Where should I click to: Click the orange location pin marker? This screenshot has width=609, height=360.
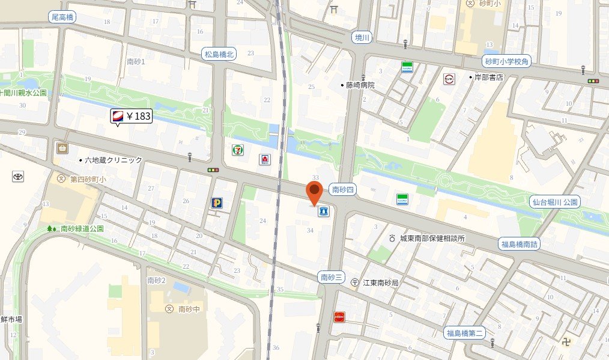pos(314,192)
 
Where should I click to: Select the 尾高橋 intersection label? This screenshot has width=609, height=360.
pos(62,17)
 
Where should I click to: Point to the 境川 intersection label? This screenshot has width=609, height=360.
pos(362,37)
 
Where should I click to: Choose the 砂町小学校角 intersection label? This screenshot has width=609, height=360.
pos(507,61)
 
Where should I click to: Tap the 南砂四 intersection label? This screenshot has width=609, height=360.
pos(344,189)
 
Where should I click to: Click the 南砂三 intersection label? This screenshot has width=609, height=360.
pos(332,277)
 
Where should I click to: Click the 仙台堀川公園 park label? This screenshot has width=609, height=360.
pos(555,202)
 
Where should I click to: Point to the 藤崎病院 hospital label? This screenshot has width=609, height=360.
pos(360,85)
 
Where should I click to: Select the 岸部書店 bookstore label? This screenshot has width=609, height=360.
pos(488,78)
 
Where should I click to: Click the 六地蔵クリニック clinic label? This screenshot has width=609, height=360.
pos(113,160)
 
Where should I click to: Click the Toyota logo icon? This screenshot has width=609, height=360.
pos(17,177)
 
